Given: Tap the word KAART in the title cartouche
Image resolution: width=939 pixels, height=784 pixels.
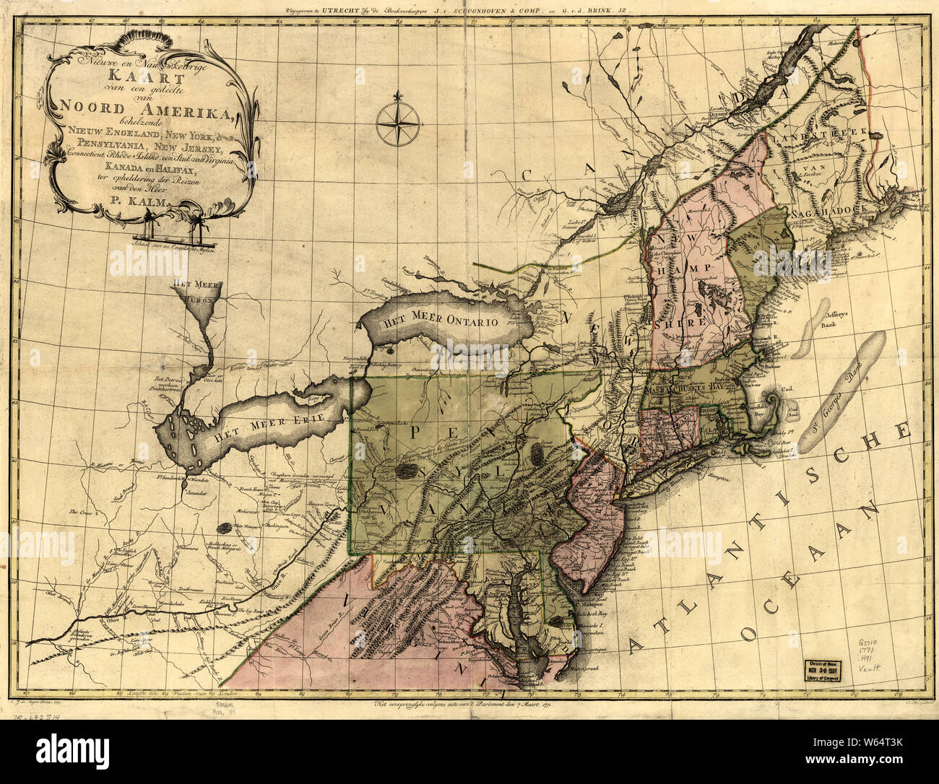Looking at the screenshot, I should pyautogui.click(x=130, y=75).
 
